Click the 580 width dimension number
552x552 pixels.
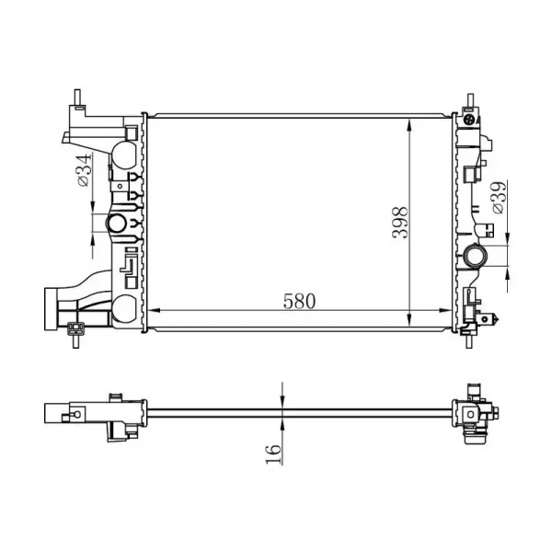(299, 302)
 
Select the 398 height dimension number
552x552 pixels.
(400, 223)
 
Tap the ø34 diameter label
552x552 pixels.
(84, 170)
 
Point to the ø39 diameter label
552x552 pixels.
(499, 197)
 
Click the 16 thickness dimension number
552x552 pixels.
(273, 454)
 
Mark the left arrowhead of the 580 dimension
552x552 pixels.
(153, 311)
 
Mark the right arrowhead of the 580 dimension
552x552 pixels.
(444, 311)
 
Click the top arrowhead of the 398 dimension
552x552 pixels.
(409, 126)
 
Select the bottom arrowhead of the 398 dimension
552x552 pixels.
(409, 319)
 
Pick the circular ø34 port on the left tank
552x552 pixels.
(117, 224)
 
